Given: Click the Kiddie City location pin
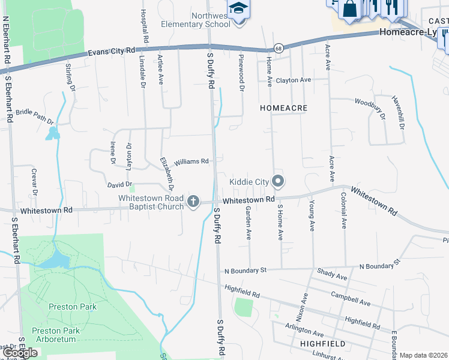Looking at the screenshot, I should point(277,181).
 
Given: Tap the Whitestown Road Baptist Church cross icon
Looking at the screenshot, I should point(193,202).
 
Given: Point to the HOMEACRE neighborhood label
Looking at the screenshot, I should point(284,108).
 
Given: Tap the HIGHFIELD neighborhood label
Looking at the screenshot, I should point(322,344).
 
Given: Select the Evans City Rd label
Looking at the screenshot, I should point(112,52).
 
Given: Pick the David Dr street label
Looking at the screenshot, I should point(119,185).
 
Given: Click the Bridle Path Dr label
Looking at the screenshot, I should point(34,114).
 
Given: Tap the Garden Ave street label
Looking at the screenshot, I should point(249,222).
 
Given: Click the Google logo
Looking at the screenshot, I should point(20,353).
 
